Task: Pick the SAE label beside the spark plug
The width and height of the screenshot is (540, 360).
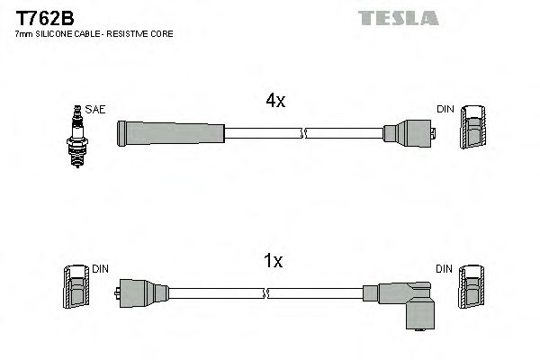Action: (x=96, y=109)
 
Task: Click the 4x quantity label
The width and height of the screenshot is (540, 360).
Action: (x=274, y=102)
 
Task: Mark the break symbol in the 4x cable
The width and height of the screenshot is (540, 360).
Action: (x=304, y=134)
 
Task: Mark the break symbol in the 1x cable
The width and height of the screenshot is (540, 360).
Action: (x=268, y=293)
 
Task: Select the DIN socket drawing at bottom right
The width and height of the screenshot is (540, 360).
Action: (x=472, y=290)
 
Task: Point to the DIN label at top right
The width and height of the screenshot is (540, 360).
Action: (x=445, y=109)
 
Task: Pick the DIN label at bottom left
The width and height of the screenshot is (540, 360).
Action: (x=100, y=268)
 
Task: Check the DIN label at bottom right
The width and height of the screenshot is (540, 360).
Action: (x=445, y=268)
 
